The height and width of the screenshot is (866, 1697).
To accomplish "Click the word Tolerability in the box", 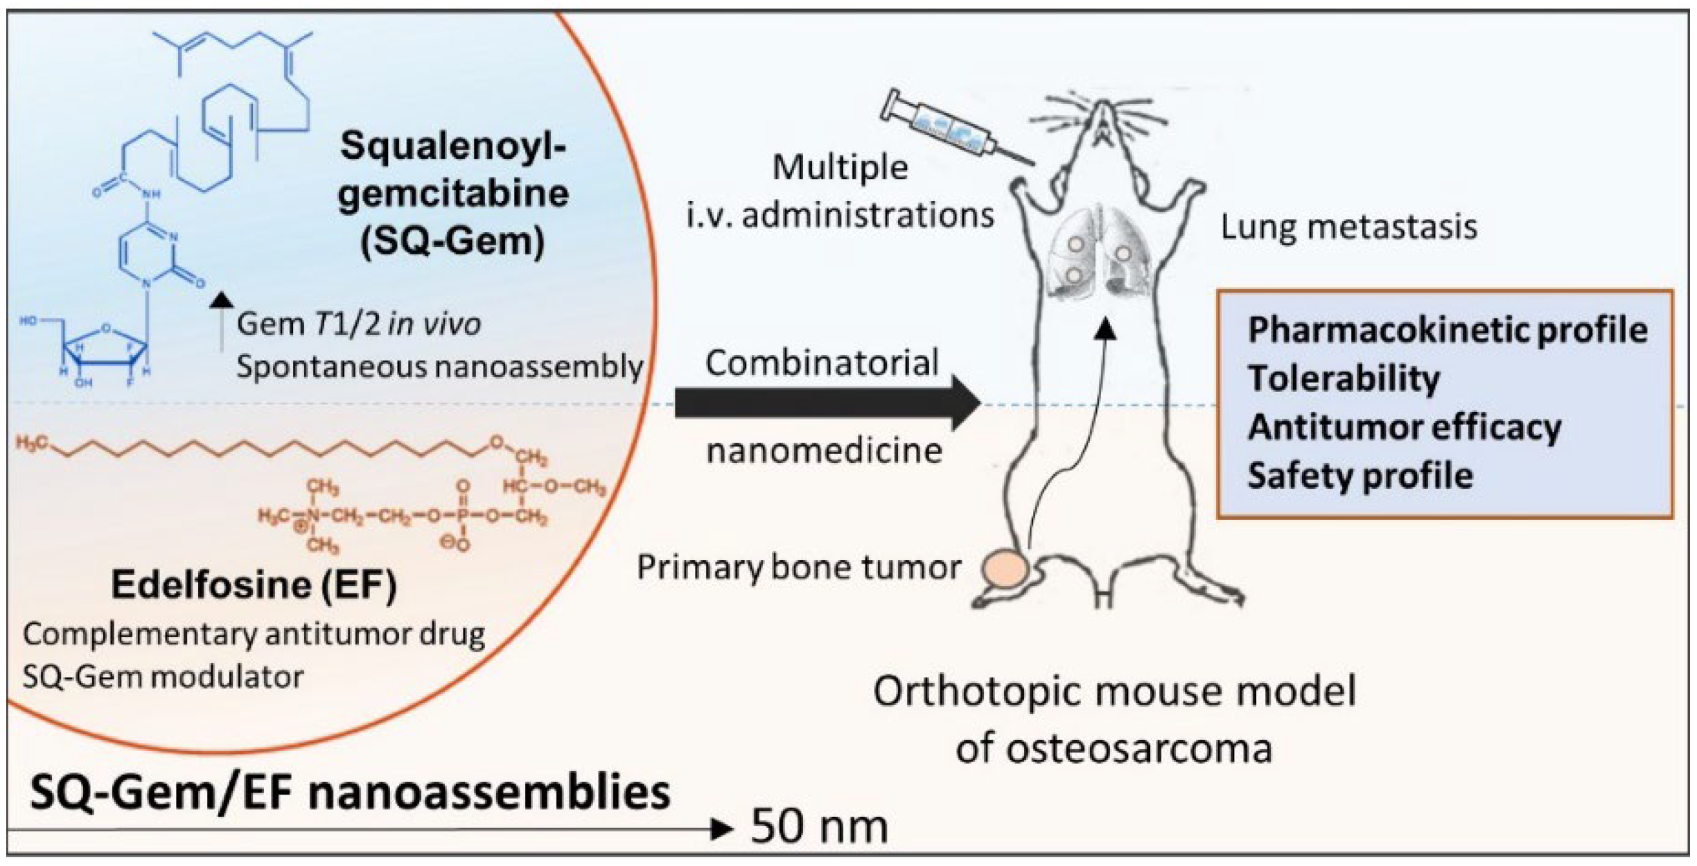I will pos(1344,379).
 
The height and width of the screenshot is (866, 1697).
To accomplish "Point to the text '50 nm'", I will pos(819,826).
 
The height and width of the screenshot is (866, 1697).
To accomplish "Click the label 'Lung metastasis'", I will pos(1348,227).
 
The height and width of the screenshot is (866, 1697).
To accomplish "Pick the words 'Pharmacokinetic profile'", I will pos(1447,330).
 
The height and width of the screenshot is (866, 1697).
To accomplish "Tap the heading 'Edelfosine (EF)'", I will pos(254,584).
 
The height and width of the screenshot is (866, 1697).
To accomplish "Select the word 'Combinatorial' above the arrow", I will pos(822,363).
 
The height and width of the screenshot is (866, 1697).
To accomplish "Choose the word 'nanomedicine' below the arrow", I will pos(824,451).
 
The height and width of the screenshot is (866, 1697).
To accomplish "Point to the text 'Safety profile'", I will pos(1360,476).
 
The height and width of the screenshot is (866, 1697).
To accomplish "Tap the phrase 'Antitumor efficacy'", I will pos(1404,427).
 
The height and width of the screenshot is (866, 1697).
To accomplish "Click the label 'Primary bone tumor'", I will pos(798,567).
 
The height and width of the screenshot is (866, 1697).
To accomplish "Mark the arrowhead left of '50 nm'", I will pos(723,828).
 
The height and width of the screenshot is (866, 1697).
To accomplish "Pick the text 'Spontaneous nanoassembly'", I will pos(440,367).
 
